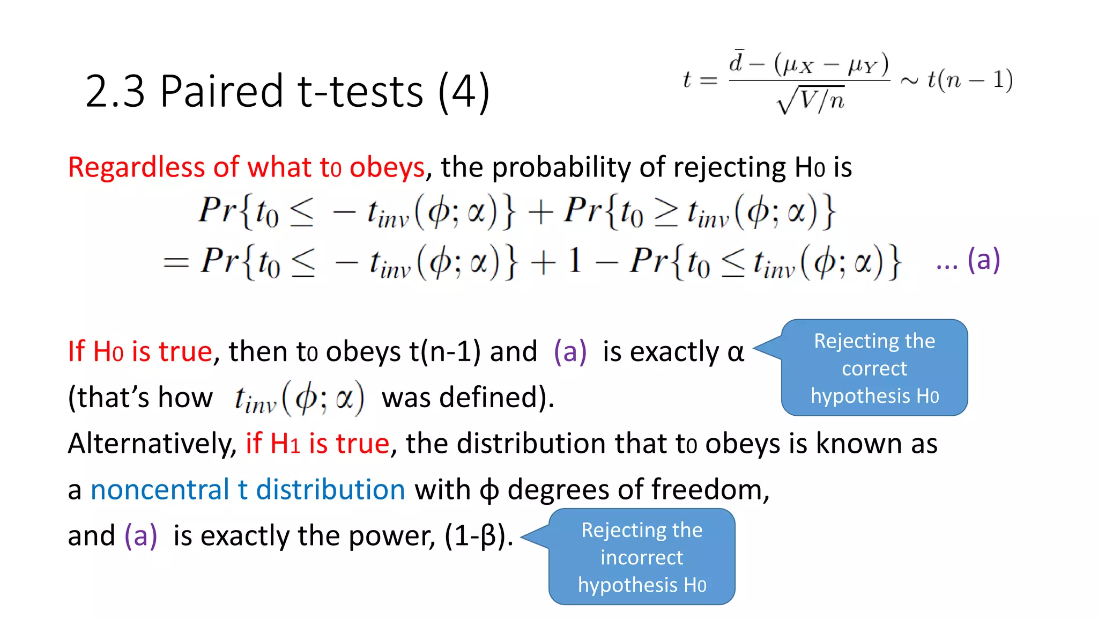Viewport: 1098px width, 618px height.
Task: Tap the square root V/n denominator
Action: [811, 99]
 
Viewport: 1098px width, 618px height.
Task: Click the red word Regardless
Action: [137, 167]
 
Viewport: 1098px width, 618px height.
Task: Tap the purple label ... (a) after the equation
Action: [968, 261]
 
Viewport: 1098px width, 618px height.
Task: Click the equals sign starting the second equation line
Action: [176, 262]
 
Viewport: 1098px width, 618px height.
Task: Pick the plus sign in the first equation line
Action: [540, 212]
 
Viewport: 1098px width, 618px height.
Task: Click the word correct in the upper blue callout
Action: [874, 369]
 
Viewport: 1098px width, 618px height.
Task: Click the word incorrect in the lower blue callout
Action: [642, 557]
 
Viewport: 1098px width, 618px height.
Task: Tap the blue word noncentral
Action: [160, 490]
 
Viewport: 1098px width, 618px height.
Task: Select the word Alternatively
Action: [152, 444]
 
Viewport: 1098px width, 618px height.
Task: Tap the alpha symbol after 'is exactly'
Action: [736, 352]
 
